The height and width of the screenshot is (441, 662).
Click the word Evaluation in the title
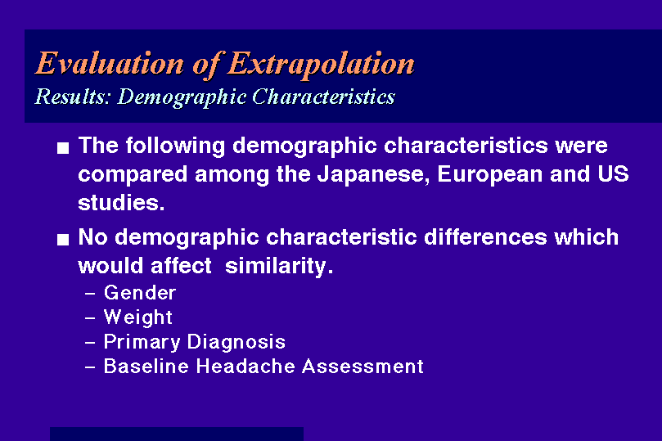pyautogui.click(x=110, y=63)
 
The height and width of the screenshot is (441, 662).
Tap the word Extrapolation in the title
pyautogui.click(x=322, y=64)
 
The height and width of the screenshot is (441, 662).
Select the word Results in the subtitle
pyautogui.click(x=72, y=97)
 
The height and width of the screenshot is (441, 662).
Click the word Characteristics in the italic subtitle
pyautogui.click(x=323, y=97)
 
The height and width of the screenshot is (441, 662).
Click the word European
pyautogui.click(x=489, y=175)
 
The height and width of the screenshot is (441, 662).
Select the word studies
pyautogui.click(x=121, y=203)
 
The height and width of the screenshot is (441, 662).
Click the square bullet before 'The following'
pyautogui.click(x=63, y=148)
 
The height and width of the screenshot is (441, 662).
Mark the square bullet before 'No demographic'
pyautogui.click(x=63, y=240)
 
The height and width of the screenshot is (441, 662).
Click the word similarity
pyautogui.click(x=279, y=266)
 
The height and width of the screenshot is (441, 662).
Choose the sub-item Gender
pyautogui.click(x=140, y=293)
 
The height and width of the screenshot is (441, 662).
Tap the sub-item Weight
pyautogui.click(x=138, y=317)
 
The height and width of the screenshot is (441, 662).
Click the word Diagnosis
pyautogui.click(x=236, y=342)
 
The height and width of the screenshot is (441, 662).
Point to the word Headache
pyautogui.click(x=245, y=367)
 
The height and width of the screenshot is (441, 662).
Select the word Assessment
pyautogui.click(x=363, y=367)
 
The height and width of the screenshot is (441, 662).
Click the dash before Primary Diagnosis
pyautogui.click(x=90, y=342)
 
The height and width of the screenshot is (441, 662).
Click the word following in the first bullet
pyautogui.click(x=175, y=146)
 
